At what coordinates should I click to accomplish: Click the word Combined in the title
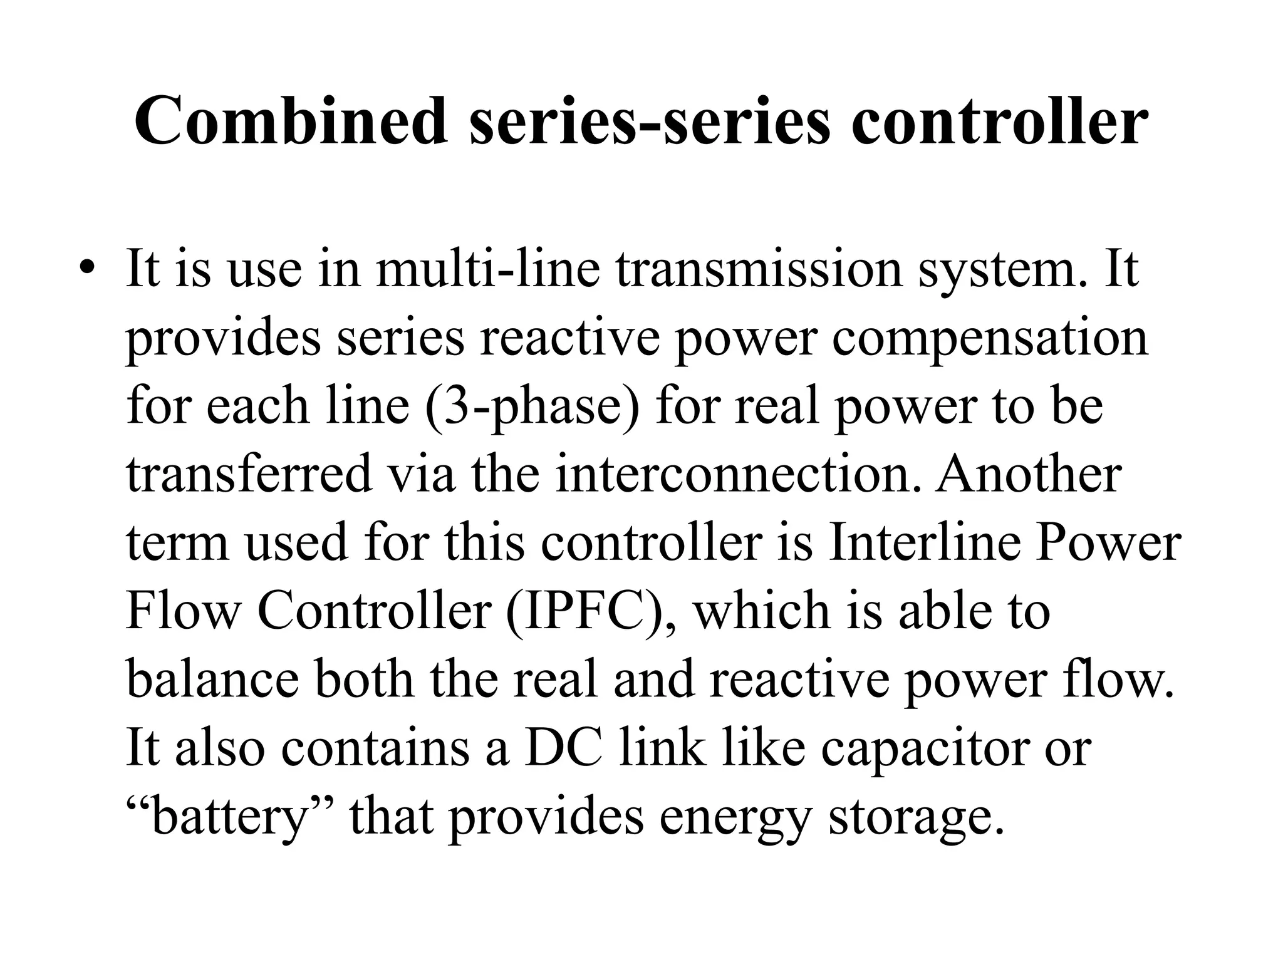(x=291, y=120)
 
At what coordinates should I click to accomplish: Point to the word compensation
(x=990, y=338)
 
